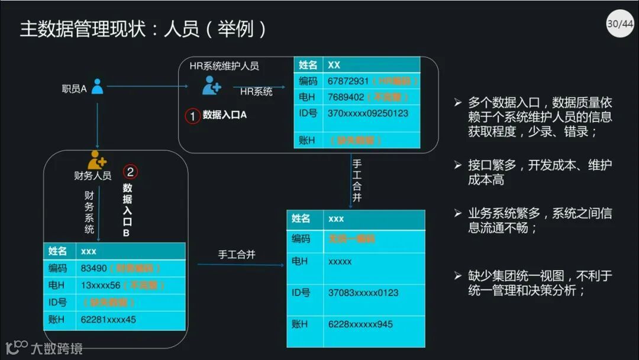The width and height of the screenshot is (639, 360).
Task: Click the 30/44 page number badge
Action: tap(619, 24)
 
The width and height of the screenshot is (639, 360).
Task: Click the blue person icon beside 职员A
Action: tap(97, 87)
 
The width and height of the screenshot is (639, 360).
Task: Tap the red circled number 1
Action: tap(193, 116)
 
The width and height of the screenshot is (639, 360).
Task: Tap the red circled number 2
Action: tap(130, 172)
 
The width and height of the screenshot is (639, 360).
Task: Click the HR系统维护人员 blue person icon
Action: tap(211, 85)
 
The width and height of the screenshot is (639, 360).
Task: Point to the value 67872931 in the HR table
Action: tap(348, 81)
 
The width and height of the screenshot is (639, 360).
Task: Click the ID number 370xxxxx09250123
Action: tap(367, 113)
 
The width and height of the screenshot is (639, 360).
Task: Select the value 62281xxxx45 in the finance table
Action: tap(108, 320)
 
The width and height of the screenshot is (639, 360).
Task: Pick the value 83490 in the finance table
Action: tap(93, 268)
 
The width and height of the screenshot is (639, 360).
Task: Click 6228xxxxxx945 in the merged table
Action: tap(360, 324)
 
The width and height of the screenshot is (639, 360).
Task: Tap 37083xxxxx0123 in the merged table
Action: tap(363, 292)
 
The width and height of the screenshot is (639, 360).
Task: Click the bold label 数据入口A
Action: tap(225, 115)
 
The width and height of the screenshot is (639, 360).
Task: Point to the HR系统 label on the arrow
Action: tap(256, 92)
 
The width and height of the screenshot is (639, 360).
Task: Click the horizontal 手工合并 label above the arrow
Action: tap(237, 255)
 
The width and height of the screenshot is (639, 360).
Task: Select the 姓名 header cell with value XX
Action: tap(308, 65)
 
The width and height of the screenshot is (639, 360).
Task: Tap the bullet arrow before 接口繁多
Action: tap(457, 165)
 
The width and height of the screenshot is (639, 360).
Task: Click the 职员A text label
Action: tap(74, 89)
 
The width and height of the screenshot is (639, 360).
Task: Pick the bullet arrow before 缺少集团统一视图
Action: tap(457, 275)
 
